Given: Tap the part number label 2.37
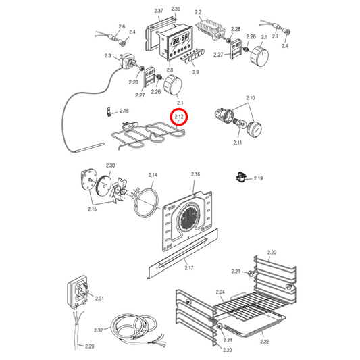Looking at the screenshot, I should pyautogui.click(x=159, y=12).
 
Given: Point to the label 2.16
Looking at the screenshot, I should pyautogui.click(x=195, y=174).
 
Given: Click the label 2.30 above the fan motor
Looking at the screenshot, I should pyautogui.click(x=110, y=165).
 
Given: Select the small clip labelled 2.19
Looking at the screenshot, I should pyautogui.click(x=240, y=178).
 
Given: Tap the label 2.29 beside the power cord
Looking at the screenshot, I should pyautogui.click(x=90, y=346).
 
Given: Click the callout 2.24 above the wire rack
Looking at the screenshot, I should pyautogui.click(x=220, y=292).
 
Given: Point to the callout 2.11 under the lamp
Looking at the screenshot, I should pyautogui.click(x=238, y=143).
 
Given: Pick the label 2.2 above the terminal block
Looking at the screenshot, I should pyautogui.click(x=198, y=12).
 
